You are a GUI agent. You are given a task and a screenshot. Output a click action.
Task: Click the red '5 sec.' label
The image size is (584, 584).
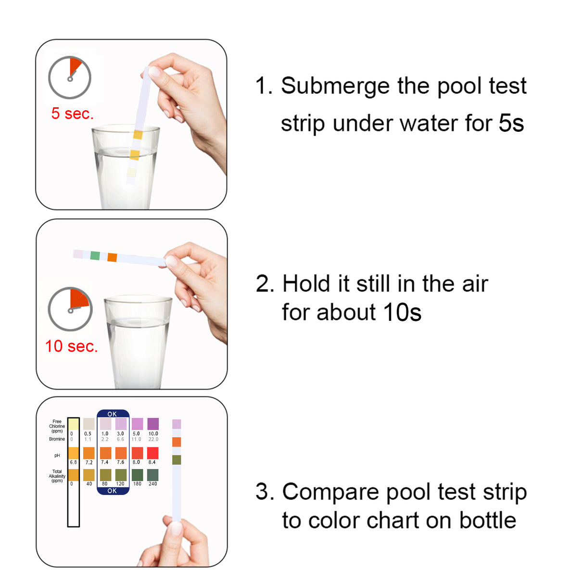pyautogui.click(x=72, y=114)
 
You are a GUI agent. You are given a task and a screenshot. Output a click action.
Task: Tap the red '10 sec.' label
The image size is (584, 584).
pyautogui.click(x=71, y=346)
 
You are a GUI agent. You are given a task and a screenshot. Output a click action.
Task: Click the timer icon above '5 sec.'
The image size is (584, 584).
pyautogui.click(x=70, y=77)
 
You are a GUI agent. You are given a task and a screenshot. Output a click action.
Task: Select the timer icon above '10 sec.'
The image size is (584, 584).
pyautogui.click(x=70, y=309)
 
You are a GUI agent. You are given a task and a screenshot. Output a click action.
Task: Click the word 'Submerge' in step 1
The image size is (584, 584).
pyautogui.click(x=335, y=86)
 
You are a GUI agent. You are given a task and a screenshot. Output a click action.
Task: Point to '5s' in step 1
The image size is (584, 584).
pyautogui.click(x=511, y=123)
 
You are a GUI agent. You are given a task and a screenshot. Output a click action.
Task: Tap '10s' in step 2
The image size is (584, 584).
pyautogui.click(x=402, y=312)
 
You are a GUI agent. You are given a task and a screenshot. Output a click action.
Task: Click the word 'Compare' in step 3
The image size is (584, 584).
pyautogui.click(x=330, y=492)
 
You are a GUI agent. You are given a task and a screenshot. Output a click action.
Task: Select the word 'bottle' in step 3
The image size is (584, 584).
pyautogui.click(x=487, y=521)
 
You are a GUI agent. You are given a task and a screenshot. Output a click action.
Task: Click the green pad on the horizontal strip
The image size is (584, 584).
pyautogui.click(x=95, y=255)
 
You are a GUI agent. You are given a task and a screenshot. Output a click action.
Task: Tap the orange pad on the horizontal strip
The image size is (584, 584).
pyautogui.click(x=112, y=257)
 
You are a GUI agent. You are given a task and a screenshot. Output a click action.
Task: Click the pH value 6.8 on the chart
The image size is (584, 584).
pyautogui.click(x=73, y=462)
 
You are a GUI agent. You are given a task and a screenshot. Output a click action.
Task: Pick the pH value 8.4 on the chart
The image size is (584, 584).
pyautogui.click(x=152, y=462)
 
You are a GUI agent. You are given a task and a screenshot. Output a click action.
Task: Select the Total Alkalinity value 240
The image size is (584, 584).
pyautogui.click(x=152, y=484)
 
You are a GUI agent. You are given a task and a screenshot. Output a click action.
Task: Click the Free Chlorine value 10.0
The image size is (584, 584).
pyautogui.click(x=153, y=433)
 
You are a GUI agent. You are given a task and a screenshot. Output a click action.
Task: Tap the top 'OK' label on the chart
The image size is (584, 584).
pyautogui.click(x=112, y=414)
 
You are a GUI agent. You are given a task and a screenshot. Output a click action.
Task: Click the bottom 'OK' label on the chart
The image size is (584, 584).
pyautogui.click(x=112, y=491)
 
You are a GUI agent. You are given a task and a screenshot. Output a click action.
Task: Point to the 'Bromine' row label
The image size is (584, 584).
pyautogui.click(x=57, y=439)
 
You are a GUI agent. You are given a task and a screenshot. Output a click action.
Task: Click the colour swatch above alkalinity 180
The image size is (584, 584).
pyautogui.click(x=137, y=475)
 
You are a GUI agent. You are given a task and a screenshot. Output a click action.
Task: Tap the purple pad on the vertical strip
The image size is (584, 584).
pyautogui.click(x=177, y=424)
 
